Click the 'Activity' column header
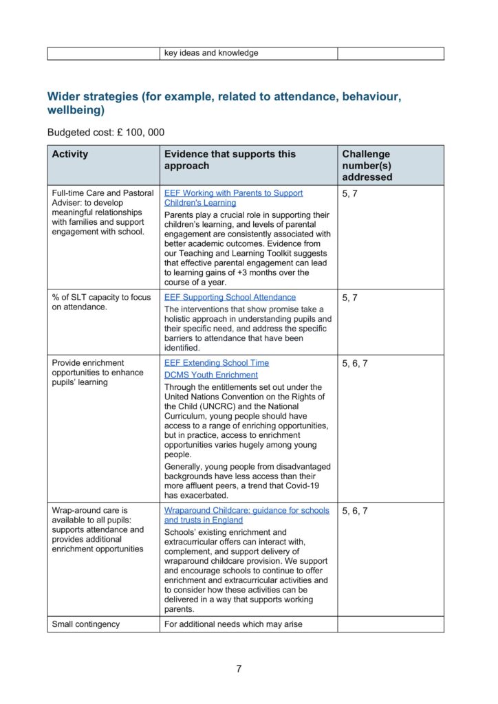(70, 154)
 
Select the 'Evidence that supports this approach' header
(230, 159)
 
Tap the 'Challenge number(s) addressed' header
(367, 165)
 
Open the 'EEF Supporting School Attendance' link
(230, 297)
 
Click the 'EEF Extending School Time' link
(217, 362)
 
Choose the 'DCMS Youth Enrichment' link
(211, 375)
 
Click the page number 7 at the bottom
(239, 668)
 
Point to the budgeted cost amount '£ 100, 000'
(136, 132)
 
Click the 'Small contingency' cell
(86, 624)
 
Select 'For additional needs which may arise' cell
(234, 624)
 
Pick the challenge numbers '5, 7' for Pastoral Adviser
(349, 193)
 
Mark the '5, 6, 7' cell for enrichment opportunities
(355, 363)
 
